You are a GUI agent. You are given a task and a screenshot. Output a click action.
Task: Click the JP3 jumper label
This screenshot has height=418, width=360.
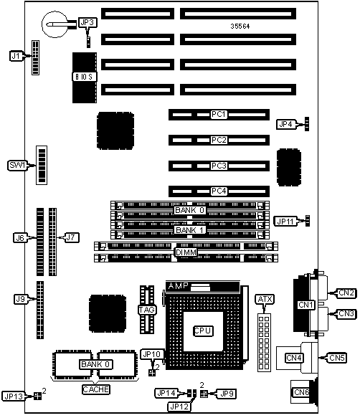[87, 23]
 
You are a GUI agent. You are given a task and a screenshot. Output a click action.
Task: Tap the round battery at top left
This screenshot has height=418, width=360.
[55, 24]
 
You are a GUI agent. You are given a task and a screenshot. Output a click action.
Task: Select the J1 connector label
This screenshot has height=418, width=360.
[16, 56]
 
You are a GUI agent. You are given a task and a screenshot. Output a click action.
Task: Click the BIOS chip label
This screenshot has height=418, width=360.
[85, 77]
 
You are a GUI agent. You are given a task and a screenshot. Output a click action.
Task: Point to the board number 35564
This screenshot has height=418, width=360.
[240, 26]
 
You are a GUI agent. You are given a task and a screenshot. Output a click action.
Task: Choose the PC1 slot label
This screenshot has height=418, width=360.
[219, 115]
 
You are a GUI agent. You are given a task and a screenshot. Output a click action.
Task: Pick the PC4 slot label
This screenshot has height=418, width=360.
[219, 191]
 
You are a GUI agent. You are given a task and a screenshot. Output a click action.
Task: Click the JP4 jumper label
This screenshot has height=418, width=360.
[286, 124]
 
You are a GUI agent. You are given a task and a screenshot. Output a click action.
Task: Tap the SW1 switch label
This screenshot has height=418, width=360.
[17, 166]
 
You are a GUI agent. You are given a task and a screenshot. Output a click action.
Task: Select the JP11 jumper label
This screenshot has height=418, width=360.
[285, 222]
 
